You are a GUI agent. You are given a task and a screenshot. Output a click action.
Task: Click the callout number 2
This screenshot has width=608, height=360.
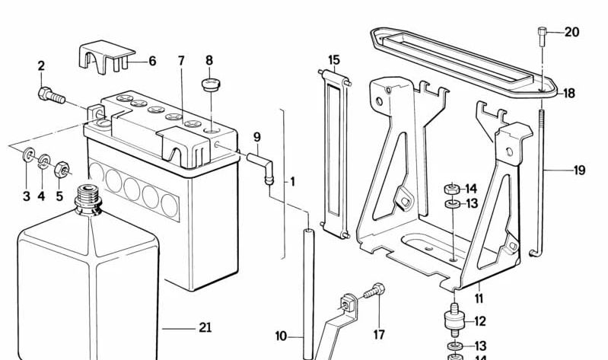point(41,66)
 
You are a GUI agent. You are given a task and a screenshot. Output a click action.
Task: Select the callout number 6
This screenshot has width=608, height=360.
point(152,61)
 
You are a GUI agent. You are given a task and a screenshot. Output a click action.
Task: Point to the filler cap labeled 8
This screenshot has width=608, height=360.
point(209,83)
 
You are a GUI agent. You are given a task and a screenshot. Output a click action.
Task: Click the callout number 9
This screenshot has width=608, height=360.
point(257,137)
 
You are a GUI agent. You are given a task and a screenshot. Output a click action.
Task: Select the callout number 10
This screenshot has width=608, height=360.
point(282,336)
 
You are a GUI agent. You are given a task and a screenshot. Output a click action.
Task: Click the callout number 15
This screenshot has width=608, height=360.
point(333,59)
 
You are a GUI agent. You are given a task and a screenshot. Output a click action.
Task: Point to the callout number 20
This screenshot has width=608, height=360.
point(572,32)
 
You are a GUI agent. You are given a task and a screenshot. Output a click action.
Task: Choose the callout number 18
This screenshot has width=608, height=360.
point(569,94)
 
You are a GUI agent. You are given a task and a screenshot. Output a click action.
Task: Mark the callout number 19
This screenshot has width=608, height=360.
point(579,170)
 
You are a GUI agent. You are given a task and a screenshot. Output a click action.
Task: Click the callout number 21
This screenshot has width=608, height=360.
point(205,328)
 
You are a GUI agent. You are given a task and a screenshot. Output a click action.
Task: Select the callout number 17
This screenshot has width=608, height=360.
point(378,335)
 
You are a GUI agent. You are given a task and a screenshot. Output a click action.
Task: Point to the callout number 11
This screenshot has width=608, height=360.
point(479,298)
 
